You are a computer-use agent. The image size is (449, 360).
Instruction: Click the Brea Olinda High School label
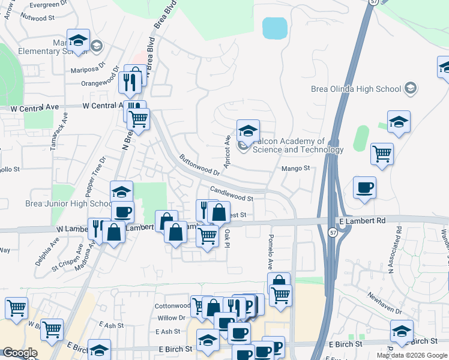(356, 89)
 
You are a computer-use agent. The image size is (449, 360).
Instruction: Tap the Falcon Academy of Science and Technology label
(298, 145)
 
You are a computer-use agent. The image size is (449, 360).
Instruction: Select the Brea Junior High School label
(67, 203)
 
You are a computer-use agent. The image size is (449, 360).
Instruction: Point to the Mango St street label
(295, 169)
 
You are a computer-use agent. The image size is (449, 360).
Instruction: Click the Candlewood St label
(232, 193)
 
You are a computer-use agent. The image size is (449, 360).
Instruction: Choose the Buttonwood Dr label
(199, 165)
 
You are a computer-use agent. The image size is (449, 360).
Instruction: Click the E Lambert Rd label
(362, 221)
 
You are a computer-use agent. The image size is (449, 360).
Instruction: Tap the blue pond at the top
(274, 28)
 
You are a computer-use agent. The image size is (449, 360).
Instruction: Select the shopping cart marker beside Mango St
(382, 154)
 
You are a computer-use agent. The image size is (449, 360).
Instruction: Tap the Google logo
(19, 353)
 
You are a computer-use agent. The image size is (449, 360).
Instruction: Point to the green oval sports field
(360, 139)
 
